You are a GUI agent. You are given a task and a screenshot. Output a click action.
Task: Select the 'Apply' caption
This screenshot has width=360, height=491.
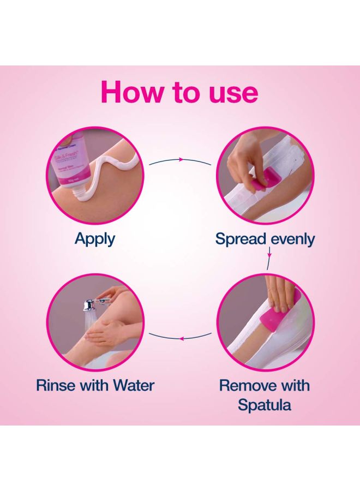coord(95,239)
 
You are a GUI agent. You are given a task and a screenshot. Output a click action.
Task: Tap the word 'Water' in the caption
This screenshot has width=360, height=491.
coord(134,385)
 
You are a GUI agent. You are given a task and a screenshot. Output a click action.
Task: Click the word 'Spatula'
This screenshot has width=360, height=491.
coord(264,405)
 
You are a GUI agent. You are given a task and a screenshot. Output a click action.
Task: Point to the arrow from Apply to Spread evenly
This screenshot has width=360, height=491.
coord(180,160)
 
